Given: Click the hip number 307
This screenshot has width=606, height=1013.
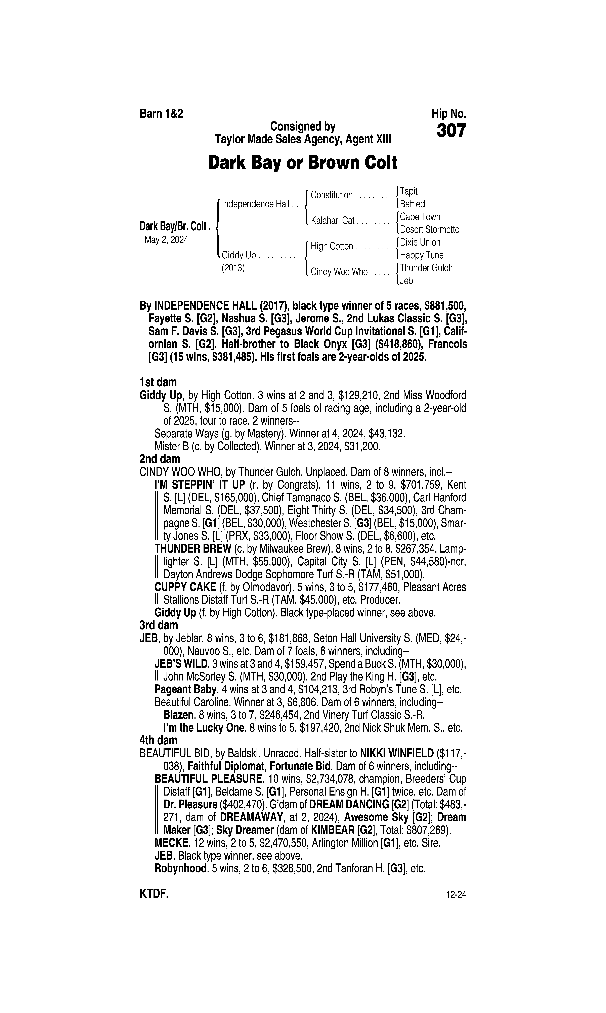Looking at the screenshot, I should click(451, 131).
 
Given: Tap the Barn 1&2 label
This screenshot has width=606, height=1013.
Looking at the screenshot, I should click(161, 113).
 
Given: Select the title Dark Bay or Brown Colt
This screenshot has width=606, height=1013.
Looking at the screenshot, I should click(303, 163).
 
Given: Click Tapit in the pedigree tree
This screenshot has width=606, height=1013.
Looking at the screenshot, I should click(409, 191).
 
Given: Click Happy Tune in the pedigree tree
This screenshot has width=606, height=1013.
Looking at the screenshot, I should click(421, 255).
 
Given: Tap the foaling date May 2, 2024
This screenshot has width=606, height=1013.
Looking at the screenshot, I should click(166, 240).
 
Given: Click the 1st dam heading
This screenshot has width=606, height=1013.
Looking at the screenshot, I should click(158, 382).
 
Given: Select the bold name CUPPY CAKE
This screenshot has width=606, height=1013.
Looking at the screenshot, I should click(185, 587).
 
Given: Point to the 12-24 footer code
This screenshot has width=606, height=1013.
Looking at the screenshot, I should click(456, 895).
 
